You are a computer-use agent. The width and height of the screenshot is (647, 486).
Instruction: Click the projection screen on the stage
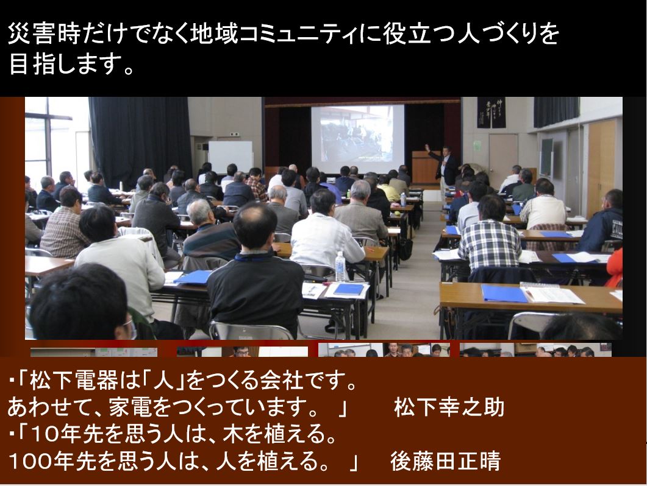tap(357, 133)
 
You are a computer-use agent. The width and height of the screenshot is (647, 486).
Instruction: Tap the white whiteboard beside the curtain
tap(231, 157)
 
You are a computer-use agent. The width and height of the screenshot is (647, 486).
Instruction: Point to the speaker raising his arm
tap(443, 165)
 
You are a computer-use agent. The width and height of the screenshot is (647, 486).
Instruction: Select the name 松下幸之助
tap(449, 407)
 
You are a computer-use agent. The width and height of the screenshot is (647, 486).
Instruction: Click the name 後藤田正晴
tap(446, 460)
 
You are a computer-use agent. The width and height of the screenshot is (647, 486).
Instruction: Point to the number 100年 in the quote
tap(40, 460)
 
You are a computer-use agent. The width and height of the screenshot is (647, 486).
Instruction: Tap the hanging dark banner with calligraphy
tap(491, 112)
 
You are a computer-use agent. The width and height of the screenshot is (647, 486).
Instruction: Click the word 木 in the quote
tap(232, 434)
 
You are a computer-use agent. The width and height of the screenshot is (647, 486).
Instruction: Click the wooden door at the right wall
tap(602, 167)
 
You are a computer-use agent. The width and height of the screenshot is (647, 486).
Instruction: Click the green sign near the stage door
tap(477, 146)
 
